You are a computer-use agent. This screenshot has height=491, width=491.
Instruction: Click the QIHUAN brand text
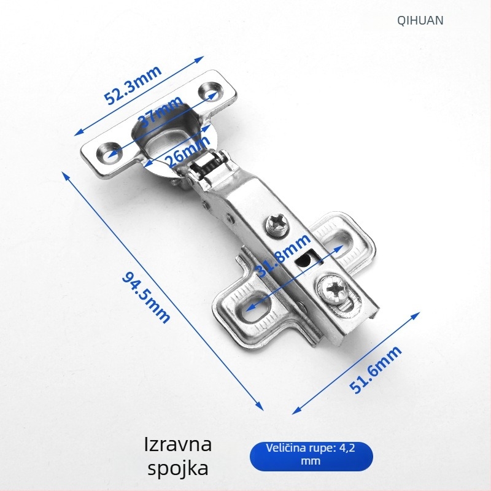(420, 20)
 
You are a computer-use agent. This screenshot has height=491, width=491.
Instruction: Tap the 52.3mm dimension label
(133, 85)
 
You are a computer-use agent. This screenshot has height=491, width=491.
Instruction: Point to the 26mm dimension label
(188, 151)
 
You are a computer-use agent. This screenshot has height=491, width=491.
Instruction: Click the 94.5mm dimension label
(146, 297)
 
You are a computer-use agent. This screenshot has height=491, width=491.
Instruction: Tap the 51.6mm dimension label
(375, 369)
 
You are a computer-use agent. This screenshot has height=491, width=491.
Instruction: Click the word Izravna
(178, 444)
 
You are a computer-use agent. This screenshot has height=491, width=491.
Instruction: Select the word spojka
(178, 468)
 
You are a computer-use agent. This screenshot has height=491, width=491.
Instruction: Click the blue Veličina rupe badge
(311, 456)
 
